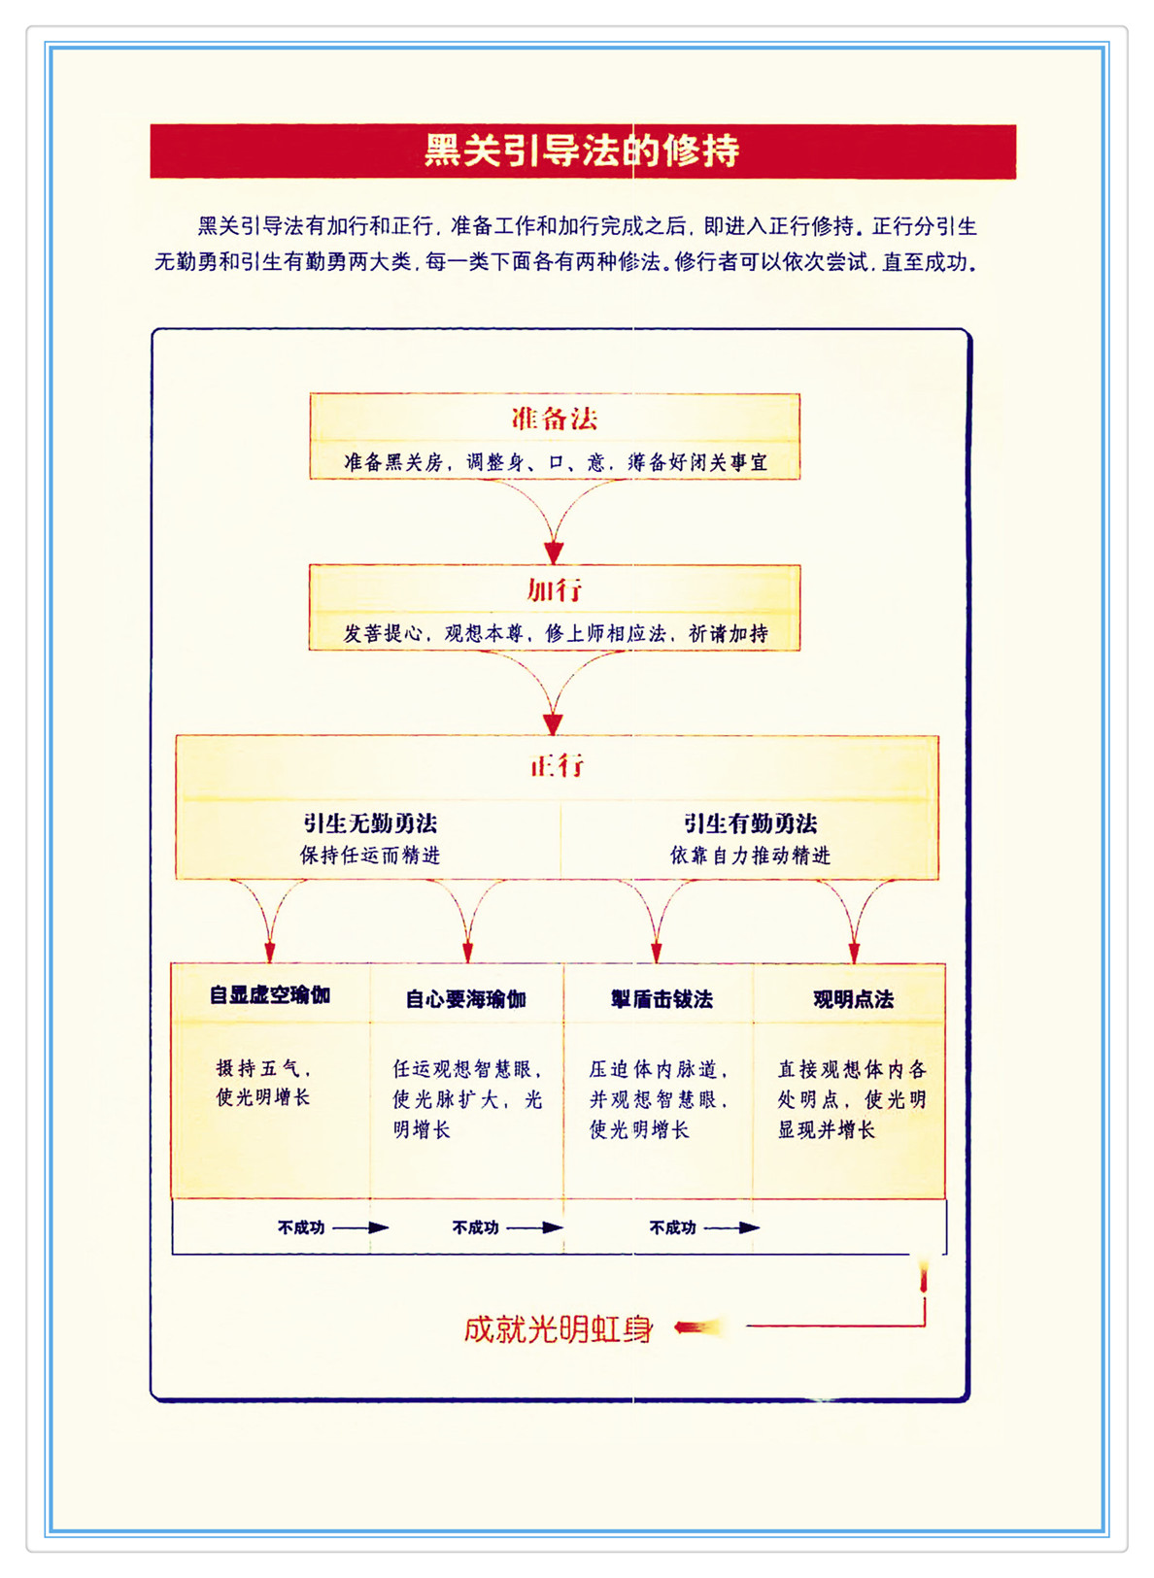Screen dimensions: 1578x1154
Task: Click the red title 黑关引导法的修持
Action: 582,151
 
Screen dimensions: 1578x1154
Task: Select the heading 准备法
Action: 555,419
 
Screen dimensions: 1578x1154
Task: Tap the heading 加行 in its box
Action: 555,589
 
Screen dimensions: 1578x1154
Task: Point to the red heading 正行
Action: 558,765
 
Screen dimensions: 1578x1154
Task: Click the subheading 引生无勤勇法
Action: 370,823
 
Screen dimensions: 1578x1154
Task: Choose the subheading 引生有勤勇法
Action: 750,823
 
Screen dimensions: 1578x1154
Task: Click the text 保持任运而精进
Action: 370,856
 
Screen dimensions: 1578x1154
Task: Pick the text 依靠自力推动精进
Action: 750,856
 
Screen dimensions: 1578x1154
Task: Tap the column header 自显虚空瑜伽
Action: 270,995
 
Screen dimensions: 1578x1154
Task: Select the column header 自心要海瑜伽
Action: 466,999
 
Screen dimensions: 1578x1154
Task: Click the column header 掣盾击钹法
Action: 662,999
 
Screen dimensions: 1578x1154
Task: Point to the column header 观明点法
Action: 853,999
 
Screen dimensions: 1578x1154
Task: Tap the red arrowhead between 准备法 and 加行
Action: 554,553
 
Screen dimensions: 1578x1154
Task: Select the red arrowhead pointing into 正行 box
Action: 554,723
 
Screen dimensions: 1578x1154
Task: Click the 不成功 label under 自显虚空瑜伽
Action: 301,1227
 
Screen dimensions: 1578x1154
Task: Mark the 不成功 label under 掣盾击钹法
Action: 673,1227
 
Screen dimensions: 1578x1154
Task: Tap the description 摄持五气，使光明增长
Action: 263,1083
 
